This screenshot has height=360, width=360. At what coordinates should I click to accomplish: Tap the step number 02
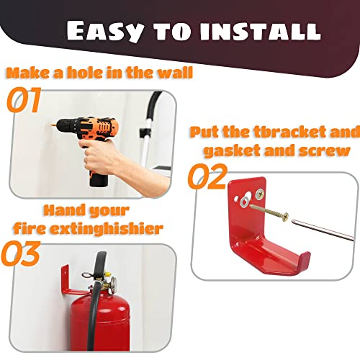207,177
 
